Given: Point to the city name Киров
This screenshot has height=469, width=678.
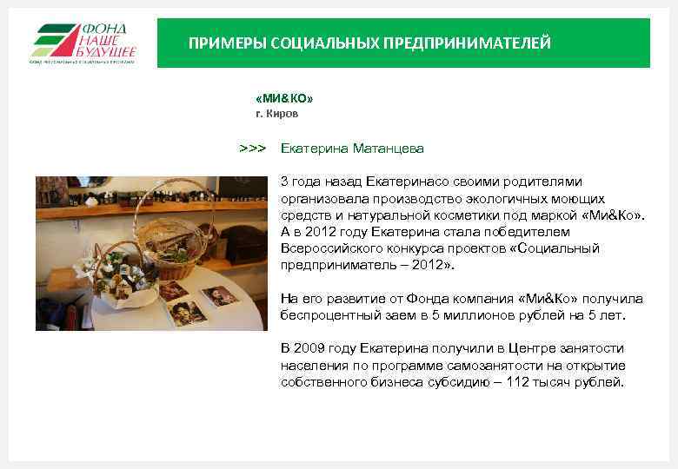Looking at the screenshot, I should tap(283, 114).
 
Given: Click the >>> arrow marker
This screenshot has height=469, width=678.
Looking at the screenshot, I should tap(252, 149).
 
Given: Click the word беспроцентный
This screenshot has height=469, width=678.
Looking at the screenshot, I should tap(321, 314).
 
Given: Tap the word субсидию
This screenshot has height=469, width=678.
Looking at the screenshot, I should tap(462, 381).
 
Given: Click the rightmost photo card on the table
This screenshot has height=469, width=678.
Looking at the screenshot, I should tap(220, 295).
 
